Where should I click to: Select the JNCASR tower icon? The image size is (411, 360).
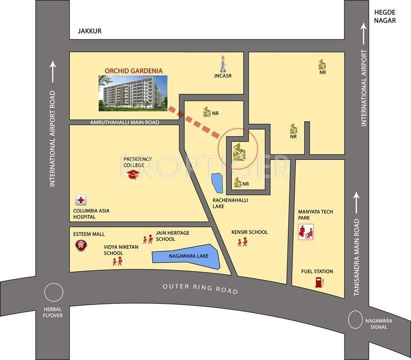pyautogui.click(x=223, y=64)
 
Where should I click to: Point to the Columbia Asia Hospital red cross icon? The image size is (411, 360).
pyautogui.click(x=80, y=200)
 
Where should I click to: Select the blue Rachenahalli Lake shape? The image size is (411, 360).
pyautogui.click(x=216, y=183)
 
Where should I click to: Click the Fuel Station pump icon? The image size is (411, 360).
pyautogui.click(x=319, y=282)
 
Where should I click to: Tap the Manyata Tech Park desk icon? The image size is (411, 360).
pyautogui.click(x=306, y=232)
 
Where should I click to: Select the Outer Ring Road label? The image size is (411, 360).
pyautogui.click(x=200, y=288)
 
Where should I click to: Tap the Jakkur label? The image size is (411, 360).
pyautogui.click(x=89, y=31)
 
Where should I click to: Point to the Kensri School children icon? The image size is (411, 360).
pyautogui.click(x=242, y=242)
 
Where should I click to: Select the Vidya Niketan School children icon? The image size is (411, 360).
pyautogui.click(x=117, y=261)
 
